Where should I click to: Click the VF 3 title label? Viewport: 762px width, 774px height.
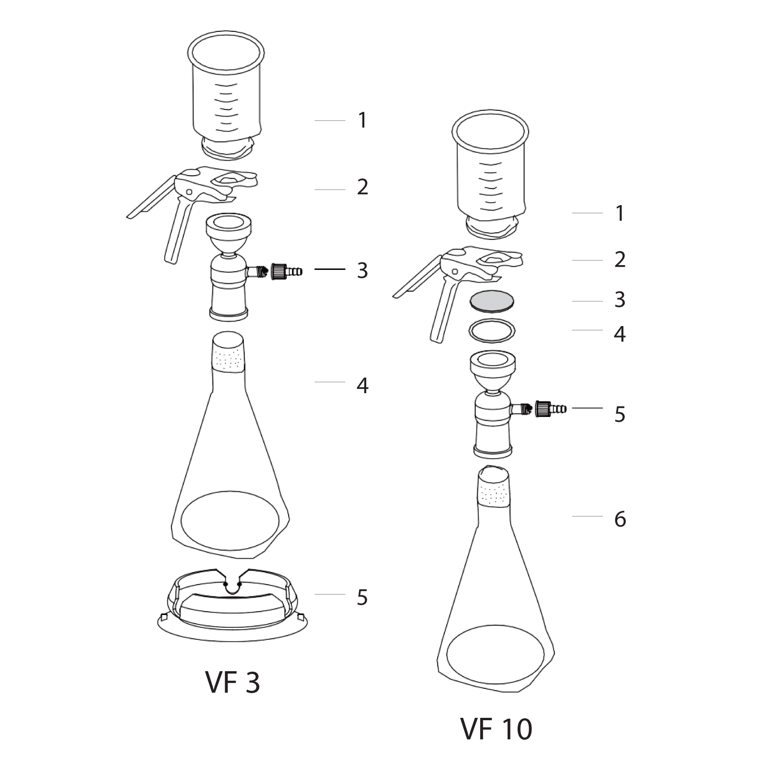tap(233, 682)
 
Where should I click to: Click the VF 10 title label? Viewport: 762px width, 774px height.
tap(496, 729)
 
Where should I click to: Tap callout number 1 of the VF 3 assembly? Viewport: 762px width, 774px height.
tap(363, 120)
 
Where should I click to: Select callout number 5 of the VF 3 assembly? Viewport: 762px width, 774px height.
tap(362, 597)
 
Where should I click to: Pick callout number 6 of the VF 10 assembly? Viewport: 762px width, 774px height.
tap(620, 519)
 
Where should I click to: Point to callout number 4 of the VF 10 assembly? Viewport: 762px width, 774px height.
tap(620, 334)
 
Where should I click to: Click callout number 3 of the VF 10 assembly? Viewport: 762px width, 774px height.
tap(620, 300)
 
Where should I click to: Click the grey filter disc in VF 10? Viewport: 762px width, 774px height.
tap(492, 301)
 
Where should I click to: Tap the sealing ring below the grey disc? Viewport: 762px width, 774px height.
tap(492, 330)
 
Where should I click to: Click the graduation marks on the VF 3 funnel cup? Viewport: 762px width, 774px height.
tap(227, 108)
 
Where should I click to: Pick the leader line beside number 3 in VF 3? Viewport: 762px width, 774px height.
tap(330, 269)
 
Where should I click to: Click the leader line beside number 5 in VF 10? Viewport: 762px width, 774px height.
tap(587, 408)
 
